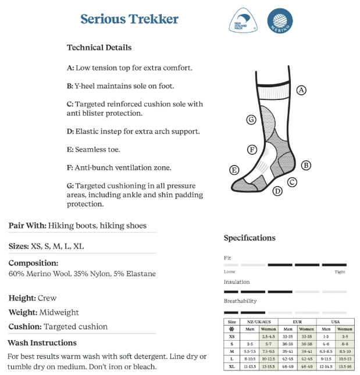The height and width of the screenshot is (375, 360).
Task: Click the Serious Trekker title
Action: point(130,19)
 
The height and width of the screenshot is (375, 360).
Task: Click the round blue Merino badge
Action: point(280,20)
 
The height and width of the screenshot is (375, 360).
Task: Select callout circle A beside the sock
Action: point(301,90)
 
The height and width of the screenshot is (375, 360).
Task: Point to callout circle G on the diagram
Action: point(251,120)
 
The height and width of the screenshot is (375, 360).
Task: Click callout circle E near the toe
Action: point(234,170)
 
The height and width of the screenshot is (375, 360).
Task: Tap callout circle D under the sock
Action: point(277,191)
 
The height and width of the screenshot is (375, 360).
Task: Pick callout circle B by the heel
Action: point(306,165)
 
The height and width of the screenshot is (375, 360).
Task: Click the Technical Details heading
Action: point(99,48)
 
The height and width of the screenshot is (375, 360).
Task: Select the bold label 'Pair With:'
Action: point(27,226)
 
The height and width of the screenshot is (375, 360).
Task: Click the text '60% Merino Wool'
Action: point(38,273)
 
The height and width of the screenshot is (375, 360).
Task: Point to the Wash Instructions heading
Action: point(42,342)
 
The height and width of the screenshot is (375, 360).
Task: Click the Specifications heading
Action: point(249,238)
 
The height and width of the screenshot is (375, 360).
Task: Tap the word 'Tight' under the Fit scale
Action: point(340,272)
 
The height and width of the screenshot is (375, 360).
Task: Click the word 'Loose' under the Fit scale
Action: point(230,272)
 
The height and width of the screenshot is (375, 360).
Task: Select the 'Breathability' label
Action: point(240,301)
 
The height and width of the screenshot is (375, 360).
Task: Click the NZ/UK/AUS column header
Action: point(259,322)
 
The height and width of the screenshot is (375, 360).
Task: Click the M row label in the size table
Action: point(232,352)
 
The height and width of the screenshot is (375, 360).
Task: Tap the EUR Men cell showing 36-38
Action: point(287,344)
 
